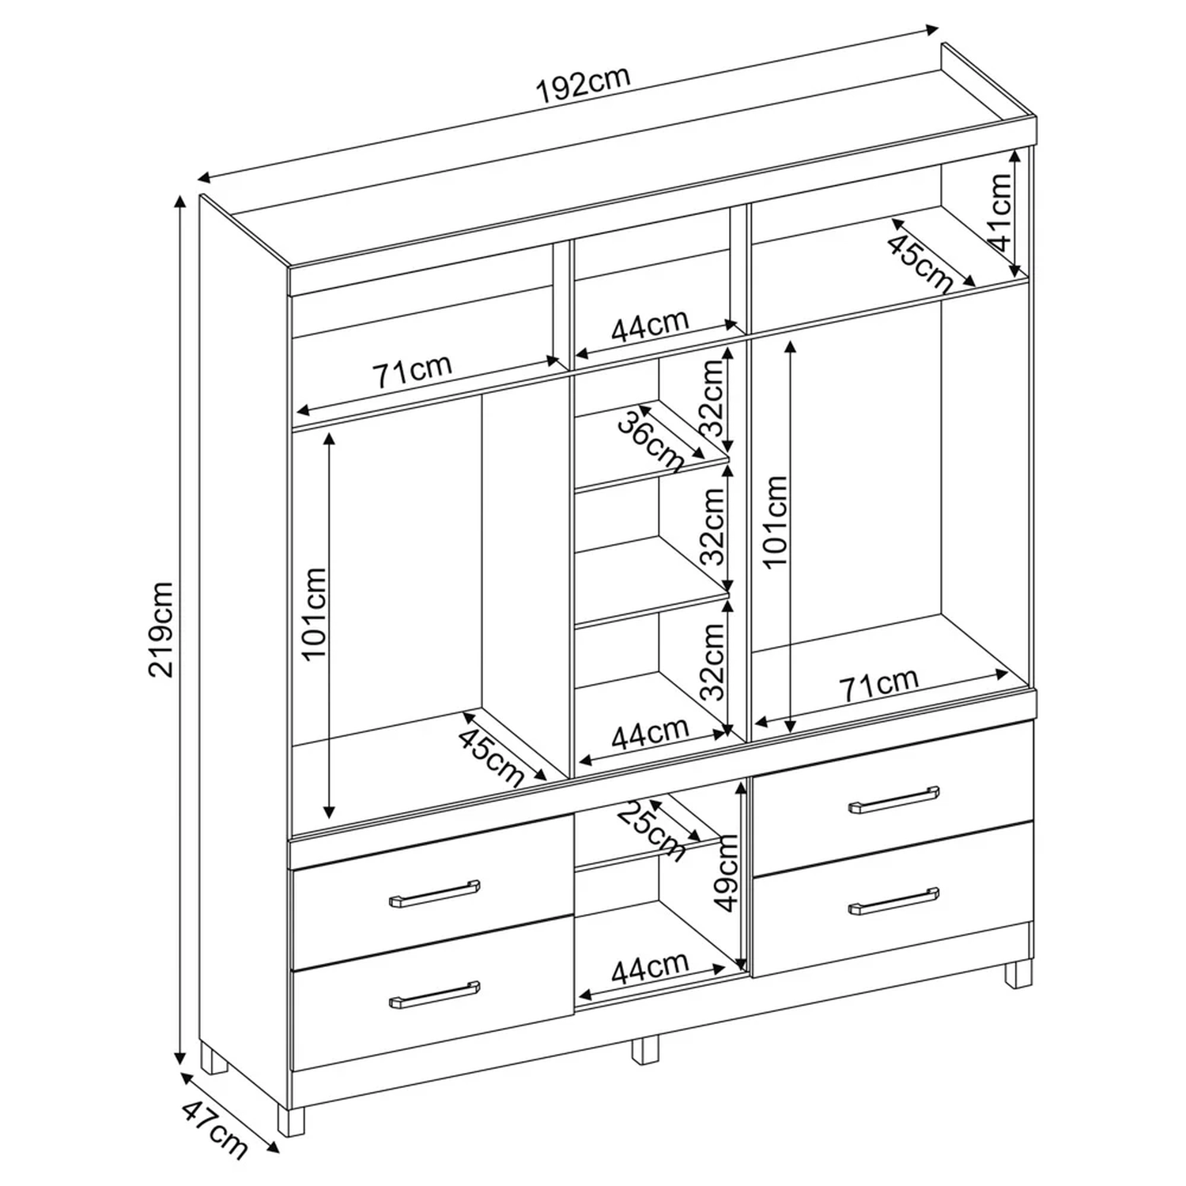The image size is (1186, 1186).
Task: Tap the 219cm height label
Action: click(x=161, y=629)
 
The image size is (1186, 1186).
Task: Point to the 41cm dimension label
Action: click(x=1000, y=212)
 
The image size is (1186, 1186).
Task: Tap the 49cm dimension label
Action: click(x=723, y=874)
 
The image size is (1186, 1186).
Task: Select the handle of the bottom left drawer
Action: click(x=434, y=995)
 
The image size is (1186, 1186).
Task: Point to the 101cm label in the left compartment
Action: click(x=315, y=613)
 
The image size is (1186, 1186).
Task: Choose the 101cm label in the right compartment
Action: click(x=776, y=520)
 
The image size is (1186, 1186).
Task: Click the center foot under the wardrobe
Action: click(x=645, y=1048)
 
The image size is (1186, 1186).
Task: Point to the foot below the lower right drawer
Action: click(x=1018, y=973)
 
